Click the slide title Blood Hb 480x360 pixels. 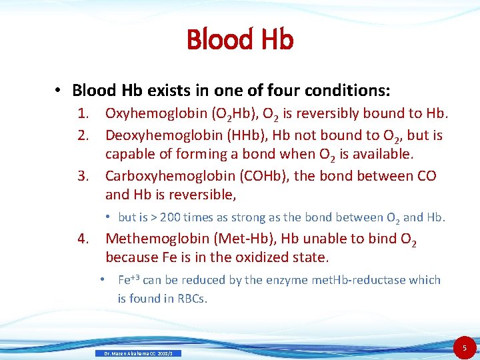[240, 39]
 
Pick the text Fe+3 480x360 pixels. [129, 279]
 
